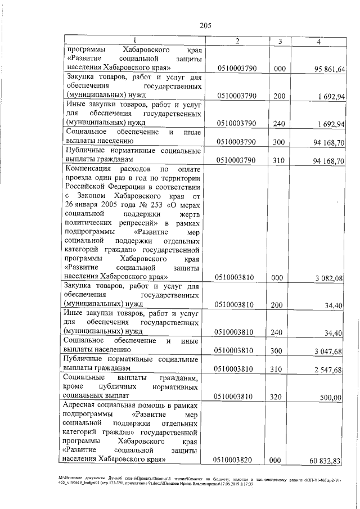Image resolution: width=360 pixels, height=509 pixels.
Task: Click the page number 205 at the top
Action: click(205, 25)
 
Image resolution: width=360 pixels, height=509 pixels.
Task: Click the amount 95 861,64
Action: click(330, 69)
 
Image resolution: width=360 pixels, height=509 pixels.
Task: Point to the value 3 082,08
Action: click(330, 277)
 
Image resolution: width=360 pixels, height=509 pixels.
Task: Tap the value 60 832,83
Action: click(330, 461)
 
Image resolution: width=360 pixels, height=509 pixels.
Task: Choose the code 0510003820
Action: click(237, 460)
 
